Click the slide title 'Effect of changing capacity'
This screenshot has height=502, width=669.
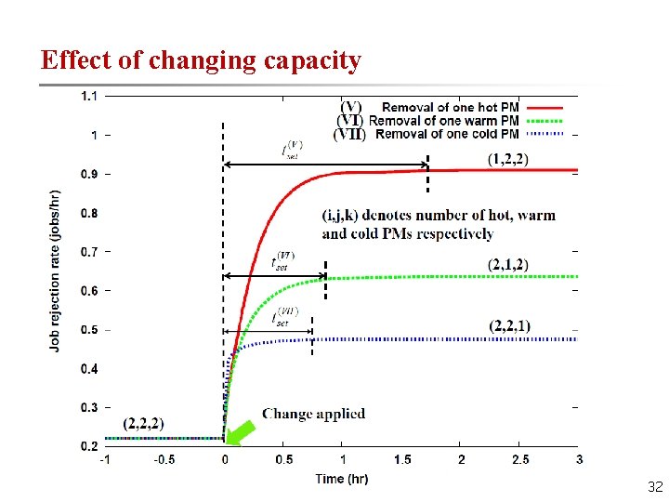click(201, 60)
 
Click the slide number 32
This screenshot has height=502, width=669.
click(654, 486)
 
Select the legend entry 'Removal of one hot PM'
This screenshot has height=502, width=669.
click(450, 107)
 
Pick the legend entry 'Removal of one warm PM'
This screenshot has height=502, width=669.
click(443, 120)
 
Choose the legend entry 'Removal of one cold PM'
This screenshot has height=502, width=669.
click(447, 133)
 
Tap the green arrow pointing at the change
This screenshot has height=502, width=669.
click(243, 431)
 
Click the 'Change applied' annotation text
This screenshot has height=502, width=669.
click(313, 414)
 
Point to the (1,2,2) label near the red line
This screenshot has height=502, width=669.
click(508, 159)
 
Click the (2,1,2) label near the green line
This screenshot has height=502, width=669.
click(508, 265)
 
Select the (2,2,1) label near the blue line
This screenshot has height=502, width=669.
click(509, 325)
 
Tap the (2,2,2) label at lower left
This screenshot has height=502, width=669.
click(144, 423)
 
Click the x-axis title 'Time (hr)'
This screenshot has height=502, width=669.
click(342, 478)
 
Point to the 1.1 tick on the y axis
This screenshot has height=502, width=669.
click(91, 95)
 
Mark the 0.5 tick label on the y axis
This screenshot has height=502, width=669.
click(89, 330)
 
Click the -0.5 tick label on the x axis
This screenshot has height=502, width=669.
click(165, 459)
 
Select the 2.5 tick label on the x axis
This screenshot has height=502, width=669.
click(520, 459)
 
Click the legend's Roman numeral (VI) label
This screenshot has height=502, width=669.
click(350, 120)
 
